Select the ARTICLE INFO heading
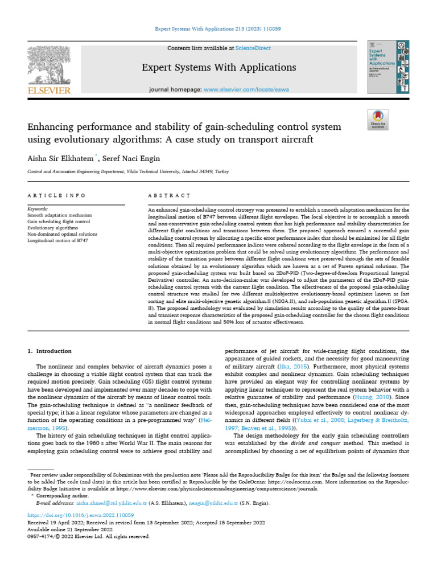[x=56, y=195]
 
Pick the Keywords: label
[x=38, y=210]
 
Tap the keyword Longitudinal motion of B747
[x=57, y=241]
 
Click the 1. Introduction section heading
[x=50, y=351]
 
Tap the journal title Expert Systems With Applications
[x=218, y=68]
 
